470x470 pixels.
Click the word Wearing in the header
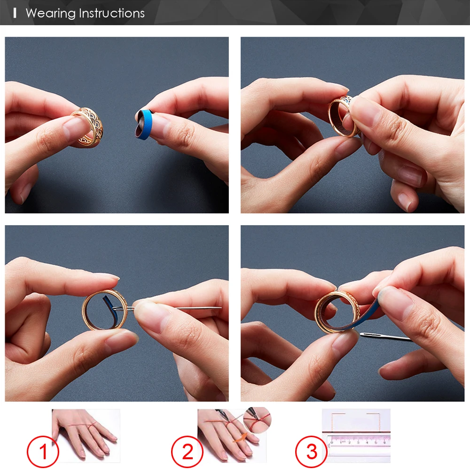(51, 14)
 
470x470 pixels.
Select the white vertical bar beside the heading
(15, 13)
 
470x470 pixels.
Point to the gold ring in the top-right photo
(344, 117)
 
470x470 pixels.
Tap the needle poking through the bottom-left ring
(168, 308)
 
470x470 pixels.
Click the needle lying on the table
(386, 337)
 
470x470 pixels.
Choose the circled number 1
(43, 452)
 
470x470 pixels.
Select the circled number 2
(188, 452)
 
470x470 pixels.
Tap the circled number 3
(312, 452)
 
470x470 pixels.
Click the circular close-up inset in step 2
(257, 420)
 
